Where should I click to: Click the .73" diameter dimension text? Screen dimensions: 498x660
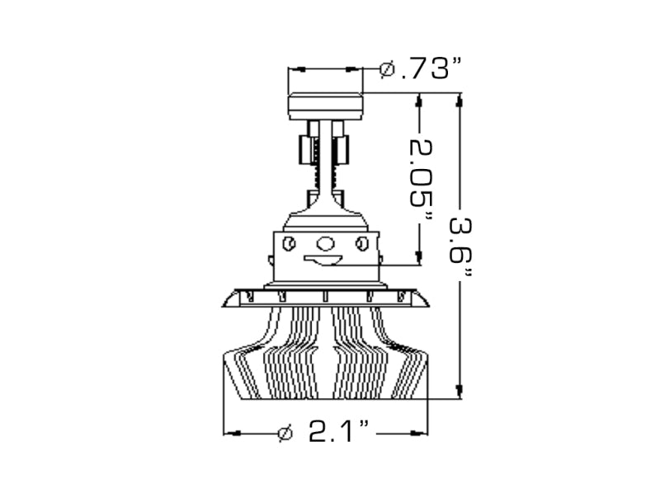(430, 69)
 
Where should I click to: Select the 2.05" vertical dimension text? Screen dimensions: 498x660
(421, 179)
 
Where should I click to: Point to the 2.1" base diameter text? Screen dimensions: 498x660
(338, 432)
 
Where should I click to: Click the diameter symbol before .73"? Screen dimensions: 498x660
(386, 69)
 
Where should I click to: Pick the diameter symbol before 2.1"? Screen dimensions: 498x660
(285, 432)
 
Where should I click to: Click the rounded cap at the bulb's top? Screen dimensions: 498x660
(325, 106)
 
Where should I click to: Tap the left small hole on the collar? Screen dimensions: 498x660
(289, 243)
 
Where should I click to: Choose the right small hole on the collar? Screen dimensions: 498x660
(361, 243)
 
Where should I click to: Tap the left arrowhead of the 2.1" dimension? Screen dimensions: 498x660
(232, 432)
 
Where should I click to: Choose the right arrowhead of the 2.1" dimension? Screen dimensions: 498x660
(420, 432)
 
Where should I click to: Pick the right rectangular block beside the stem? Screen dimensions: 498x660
(341, 149)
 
